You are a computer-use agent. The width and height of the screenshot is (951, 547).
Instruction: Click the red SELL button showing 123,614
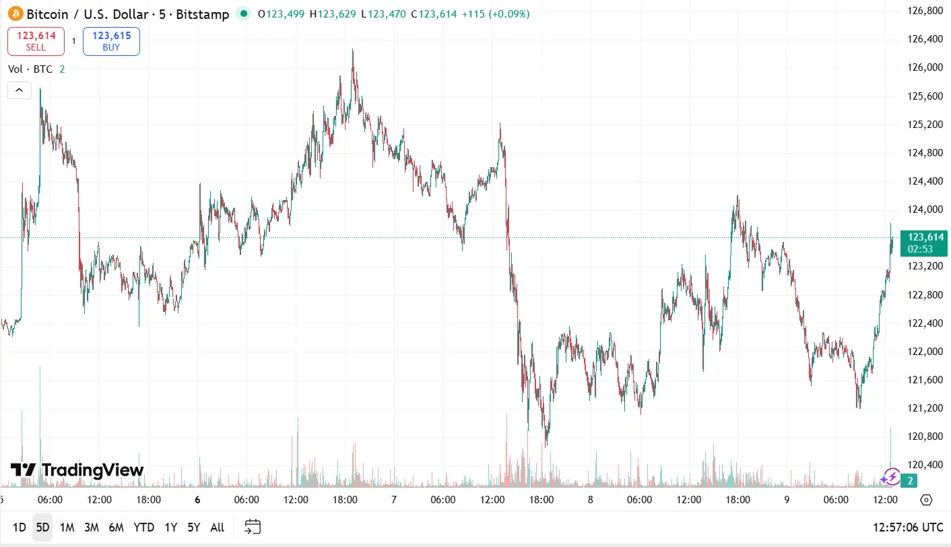pyautogui.click(x=36, y=41)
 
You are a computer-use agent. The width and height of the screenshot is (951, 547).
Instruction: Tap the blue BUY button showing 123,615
pyautogui.click(x=111, y=41)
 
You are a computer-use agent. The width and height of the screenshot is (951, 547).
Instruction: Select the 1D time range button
pyautogui.click(x=20, y=527)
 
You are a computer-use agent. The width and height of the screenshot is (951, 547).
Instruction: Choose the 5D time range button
pyautogui.click(x=42, y=527)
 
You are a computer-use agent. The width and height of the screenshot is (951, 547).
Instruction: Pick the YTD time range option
pyautogui.click(x=143, y=527)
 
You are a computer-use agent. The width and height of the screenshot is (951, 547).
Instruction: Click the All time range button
pyautogui.click(x=217, y=527)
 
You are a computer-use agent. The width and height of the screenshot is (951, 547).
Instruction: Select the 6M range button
pyautogui.click(x=116, y=527)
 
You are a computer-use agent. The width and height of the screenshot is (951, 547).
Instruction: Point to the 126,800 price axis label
pyautogui.click(x=925, y=11)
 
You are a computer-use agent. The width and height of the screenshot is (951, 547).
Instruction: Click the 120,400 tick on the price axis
pyautogui.click(x=925, y=465)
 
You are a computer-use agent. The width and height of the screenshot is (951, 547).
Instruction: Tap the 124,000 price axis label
pyautogui.click(x=925, y=210)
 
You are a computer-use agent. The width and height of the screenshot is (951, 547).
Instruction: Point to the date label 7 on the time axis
pyautogui.click(x=394, y=500)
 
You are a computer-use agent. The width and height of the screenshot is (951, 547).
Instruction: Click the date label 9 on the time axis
pyautogui.click(x=787, y=500)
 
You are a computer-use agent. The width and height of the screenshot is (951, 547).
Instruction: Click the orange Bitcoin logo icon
pyautogui.click(x=15, y=14)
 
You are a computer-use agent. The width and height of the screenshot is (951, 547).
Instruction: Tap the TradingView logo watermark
pyautogui.click(x=77, y=470)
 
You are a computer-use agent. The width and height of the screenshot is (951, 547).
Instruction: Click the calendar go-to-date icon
pyautogui.click(x=253, y=527)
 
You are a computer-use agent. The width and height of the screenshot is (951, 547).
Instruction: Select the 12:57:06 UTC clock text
pyautogui.click(x=907, y=527)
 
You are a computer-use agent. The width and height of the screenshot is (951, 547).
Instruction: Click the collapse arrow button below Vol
pyautogui.click(x=19, y=90)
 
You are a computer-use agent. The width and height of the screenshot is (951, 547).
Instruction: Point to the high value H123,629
pyautogui.click(x=333, y=14)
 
